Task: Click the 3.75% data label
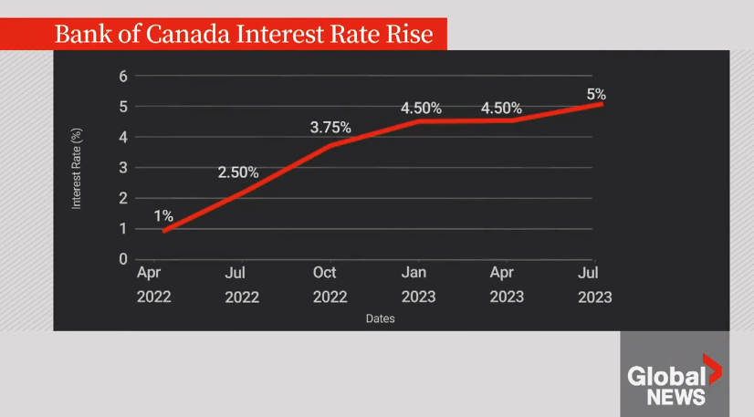point(330,128)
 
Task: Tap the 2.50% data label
point(238,172)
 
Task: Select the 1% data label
point(163,215)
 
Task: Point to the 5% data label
point(596,94)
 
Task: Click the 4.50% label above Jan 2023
point(421,108)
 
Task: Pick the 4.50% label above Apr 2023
point(501,108)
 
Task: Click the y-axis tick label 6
point(123,77)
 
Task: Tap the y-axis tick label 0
point(123,259)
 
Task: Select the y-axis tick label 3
point(123,168)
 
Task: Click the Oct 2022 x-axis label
point(330,285)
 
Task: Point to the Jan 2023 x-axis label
point(418,285)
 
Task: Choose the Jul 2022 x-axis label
point(242,285)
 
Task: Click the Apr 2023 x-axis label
point(507,285)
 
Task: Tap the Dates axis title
point(380,318)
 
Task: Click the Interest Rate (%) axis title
point(77,169)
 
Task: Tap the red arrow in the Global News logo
point(712,369)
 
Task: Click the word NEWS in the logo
point(675,397)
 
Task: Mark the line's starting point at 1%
point(164,231)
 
